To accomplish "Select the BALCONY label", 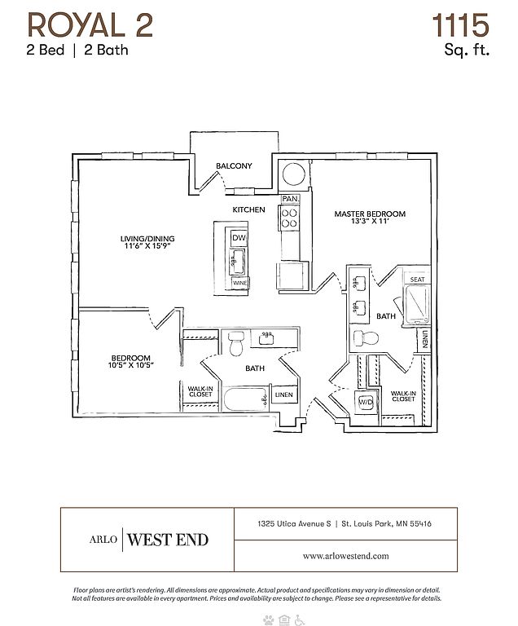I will tap(234, 166).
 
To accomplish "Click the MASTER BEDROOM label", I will tap(370, 214).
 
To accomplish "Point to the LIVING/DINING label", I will tap(147, 239).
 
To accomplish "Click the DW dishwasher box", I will tap(239, 238).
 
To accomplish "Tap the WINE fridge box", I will tap(240, 283).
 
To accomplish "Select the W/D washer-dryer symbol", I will tap(366, 401).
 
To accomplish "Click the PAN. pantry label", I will tap(290, 199).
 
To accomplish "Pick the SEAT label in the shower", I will tap(417, 280).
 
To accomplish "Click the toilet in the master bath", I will tap(362, 339).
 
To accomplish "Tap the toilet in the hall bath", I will tap(236, 344).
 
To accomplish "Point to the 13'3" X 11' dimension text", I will tap(370, 223).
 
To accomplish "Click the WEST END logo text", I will tap(169, 540).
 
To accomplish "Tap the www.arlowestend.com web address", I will tap(345, 555).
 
